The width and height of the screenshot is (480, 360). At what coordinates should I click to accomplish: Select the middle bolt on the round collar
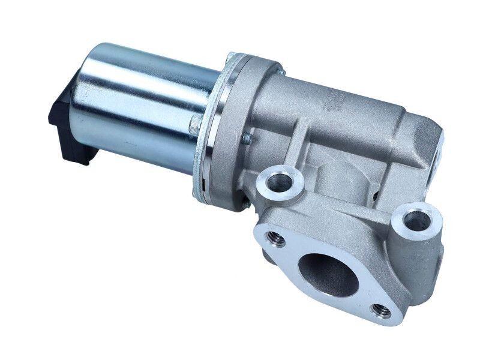click(246, 139)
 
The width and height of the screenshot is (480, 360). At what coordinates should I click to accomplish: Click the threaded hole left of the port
click(276, 238)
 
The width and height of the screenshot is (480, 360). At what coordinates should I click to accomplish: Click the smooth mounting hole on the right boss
click(416, 218)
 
